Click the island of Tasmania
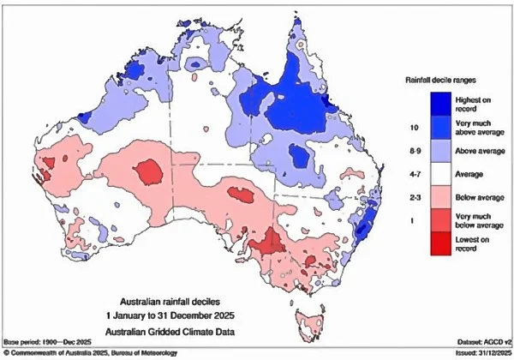(x=310, y=325)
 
